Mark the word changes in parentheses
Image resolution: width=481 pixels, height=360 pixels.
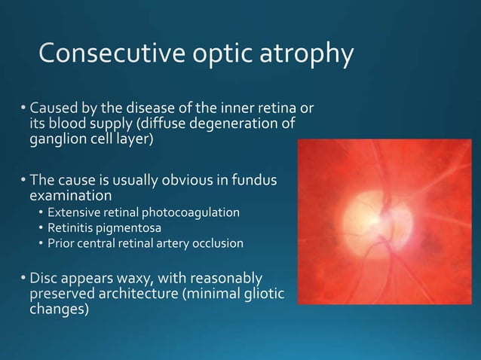coord(59,310)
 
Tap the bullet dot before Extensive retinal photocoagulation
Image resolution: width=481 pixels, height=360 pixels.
coord(42,213)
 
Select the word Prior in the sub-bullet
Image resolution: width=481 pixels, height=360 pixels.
coord(60,243)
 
